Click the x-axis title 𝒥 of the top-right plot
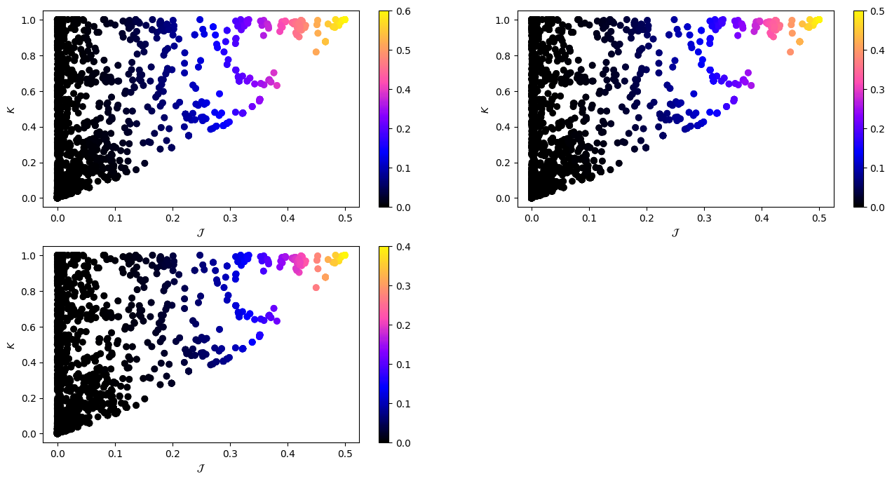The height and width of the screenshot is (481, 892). (x=675, y=233)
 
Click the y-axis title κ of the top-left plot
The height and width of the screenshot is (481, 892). (x=10, y=109)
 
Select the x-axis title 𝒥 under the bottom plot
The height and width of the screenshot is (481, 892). (x=201, y=468)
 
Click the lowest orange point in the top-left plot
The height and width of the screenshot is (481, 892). (x=316, y=51)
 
